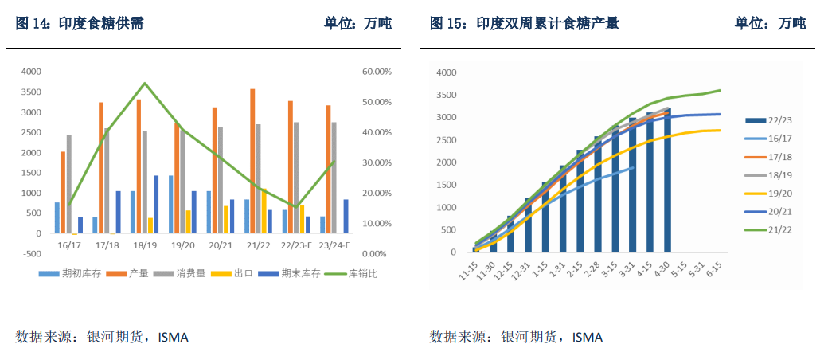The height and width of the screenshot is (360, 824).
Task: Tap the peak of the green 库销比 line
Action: click(145, 83)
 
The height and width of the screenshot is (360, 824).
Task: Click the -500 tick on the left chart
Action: click(31, 254)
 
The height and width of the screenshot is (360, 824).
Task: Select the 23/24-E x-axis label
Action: click(334, 245)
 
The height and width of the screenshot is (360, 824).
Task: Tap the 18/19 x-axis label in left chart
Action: click(145, 245)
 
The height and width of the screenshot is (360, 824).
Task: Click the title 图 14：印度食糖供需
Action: click(80, 24)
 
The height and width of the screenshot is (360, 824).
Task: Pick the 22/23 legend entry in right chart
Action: click(771, 120)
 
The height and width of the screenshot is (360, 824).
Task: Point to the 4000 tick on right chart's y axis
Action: click(446, 72)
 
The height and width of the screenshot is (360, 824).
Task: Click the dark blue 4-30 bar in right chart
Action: click(667, 180)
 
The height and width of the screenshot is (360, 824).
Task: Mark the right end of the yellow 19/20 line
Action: click(721, 130)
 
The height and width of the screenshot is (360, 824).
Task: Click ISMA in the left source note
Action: click(173, 337)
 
